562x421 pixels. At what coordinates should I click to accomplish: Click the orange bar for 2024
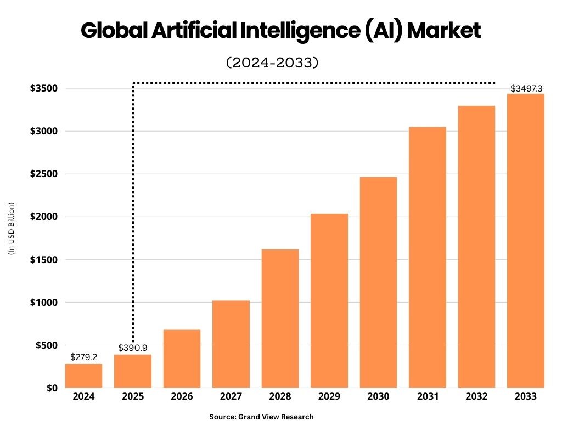click(x=83, y=376)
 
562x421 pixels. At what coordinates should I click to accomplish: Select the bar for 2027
click(x=231, y=344)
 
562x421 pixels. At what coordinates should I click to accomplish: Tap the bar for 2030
click(x=378, y=282)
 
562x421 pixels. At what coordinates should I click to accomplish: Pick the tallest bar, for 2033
click(x=525, y=241)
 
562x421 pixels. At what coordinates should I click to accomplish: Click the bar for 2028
click(x=280, y=318)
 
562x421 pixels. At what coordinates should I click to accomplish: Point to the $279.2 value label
click(x=83, y=357)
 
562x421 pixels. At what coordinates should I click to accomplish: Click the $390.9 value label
click(x=133, y=348)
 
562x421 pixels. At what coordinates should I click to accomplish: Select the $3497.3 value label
click(x=527, y=88)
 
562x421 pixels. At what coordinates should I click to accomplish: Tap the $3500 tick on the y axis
click(x=44, y=88)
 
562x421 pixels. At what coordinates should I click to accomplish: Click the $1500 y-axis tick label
click(x=44, y=259)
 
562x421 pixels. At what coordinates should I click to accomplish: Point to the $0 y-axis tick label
click(x=52, y=388)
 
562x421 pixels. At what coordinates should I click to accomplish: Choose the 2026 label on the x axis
click(x=182, y=396)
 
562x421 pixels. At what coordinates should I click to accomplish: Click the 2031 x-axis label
click(x=427, y=396)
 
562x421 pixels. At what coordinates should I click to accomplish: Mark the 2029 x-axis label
click(x=329, y=396)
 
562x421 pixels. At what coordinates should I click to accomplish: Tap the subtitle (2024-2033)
click(x=272, y=62)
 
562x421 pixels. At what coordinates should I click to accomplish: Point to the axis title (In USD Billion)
click(x=10, y=229)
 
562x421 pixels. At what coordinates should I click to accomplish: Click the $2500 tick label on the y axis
click(x=44, y=174)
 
